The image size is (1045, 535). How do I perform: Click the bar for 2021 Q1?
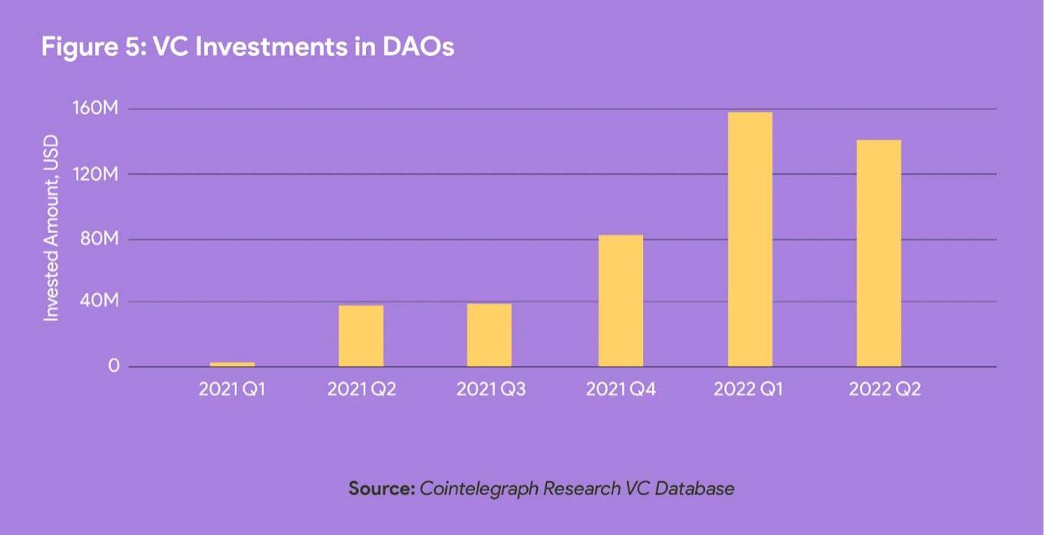point(232,364)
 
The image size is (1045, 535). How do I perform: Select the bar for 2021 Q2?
point(361,336)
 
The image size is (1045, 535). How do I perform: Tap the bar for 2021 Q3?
point(490,335)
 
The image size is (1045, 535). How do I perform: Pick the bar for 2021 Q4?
point(621,300)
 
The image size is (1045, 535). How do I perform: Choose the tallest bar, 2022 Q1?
point(750,239)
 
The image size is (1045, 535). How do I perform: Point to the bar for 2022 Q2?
point(879,253)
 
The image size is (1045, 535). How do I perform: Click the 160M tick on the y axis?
point(101,109)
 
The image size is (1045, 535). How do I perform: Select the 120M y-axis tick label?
point(101,174)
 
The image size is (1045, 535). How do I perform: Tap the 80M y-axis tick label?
point(102,239)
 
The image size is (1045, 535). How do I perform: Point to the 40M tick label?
point(102,301)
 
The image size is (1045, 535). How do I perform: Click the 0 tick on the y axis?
point(114,366)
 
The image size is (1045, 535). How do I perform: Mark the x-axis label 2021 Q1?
point(232,389)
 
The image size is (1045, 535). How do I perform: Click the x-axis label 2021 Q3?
point(491,389)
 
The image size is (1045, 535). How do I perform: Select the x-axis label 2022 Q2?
point(884,389)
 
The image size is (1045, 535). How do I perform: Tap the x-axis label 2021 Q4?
point(621,389)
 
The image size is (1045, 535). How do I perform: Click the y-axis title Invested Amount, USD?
point(51,228)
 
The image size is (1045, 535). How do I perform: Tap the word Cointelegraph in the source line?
point(479,488)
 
